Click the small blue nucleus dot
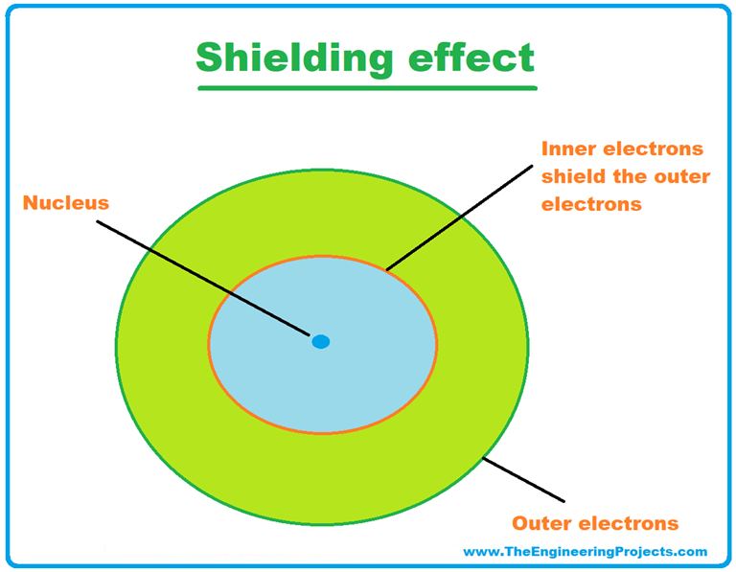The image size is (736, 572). (x=321, y=341)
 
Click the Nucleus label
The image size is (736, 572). (x=66, y=203)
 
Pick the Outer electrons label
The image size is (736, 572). (x=594, y=523)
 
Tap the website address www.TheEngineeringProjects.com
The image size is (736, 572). (x=585, y=551)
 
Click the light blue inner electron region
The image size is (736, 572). (x=287, y=383)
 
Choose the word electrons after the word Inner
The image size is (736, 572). (x=652, y=149)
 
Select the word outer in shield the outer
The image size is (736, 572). (x=679, y=177)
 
